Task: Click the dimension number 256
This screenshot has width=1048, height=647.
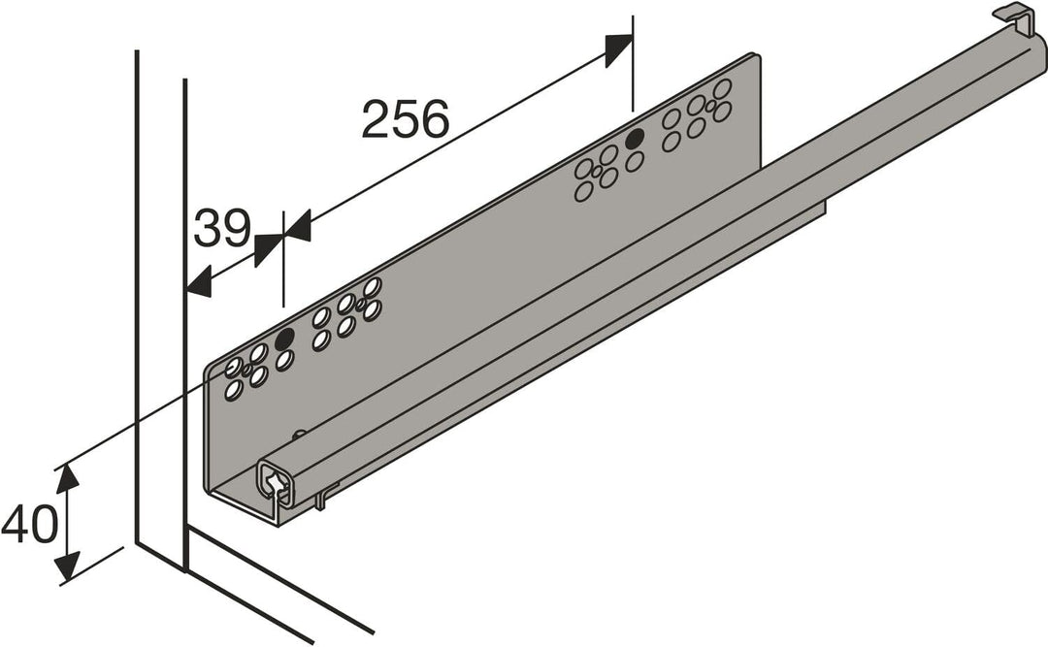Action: click(x=406, y=119)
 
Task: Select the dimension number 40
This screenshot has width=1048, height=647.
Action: click(x=30, y=525)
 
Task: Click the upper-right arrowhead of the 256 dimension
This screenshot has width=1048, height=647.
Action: click(x=618, y=49)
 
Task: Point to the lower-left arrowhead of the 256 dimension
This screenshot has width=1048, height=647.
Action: click(x=296, y=228)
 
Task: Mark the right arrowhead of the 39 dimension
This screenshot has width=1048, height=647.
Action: click(x=268, y=248)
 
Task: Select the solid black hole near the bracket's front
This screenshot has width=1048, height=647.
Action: click(x=284, y=339)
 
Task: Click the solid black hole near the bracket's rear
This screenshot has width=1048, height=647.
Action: click(x=635, y=140)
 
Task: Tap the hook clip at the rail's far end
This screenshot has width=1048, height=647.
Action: click(x=1013, y=16)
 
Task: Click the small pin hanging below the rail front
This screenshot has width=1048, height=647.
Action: click(x=321, y=501)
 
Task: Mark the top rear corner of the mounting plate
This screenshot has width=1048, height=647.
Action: click(x=755, y=56)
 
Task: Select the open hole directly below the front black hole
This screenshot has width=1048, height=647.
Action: click(x=284, y=361)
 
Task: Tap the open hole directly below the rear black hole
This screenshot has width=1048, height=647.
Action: click(x=635, y=161)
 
